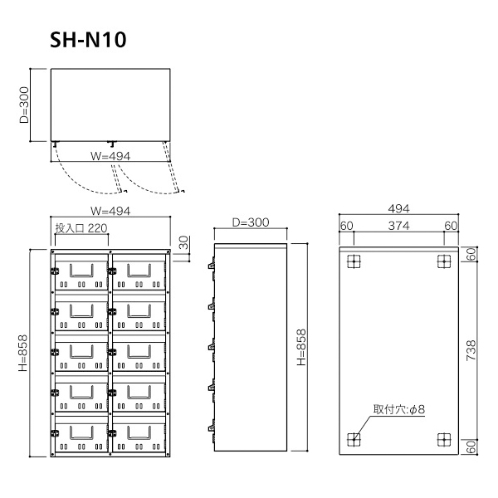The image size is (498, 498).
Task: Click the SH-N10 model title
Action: (x=88, y=40)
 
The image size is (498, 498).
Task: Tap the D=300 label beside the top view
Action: (x=24, y=105)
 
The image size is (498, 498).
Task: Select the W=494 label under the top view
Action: (x=110, y=156)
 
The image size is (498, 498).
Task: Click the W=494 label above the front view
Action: (x=110, y=211)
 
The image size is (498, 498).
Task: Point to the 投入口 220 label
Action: (x=81, y=228)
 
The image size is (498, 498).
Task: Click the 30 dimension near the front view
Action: (x=183, y=242)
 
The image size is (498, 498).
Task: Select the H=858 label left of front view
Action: (x=23, y=353)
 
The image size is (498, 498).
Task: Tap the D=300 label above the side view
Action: (x=251, y=222)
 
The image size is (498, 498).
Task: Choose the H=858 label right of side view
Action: (x=301, y=347)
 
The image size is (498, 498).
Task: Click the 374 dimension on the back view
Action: (x=398, y=226)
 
